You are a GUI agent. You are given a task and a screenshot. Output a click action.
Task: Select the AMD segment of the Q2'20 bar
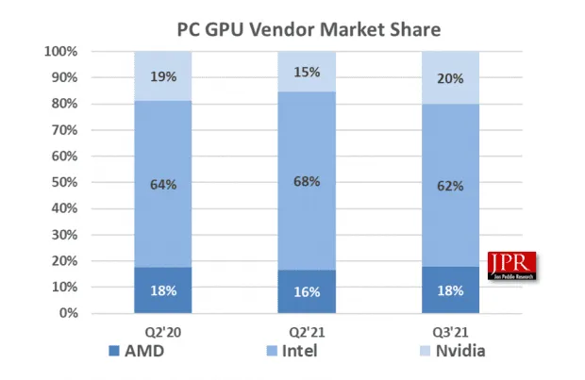pos(162,289)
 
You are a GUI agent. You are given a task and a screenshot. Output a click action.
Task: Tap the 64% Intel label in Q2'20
pos(162,184)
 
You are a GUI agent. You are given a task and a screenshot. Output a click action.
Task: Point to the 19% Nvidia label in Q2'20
pos(162,76)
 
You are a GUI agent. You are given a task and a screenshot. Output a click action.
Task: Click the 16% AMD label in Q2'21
pos(306,293)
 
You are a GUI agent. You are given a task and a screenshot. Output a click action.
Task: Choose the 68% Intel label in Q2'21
pos(306,179)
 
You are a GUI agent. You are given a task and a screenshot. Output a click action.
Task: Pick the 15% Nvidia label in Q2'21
pos(306,71)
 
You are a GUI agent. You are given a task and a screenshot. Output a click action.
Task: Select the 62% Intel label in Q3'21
pos(449,186)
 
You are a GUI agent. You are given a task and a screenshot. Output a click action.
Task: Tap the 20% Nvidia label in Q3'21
pos(449,78)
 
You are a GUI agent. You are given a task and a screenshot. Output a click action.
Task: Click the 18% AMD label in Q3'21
pos(449,291)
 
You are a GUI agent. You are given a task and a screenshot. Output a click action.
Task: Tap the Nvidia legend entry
pos(451,352)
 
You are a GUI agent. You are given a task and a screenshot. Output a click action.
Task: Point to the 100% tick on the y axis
pos(60,51)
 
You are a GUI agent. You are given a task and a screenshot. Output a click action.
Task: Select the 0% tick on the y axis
pos(68,313)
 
